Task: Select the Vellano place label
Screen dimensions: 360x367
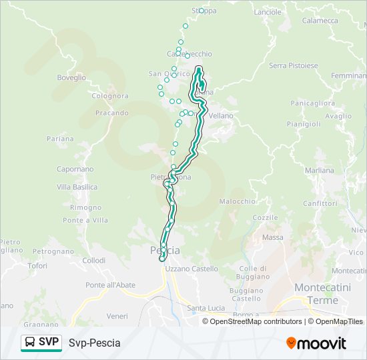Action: click(x=222, y=116)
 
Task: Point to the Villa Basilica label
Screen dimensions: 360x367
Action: click(x=77, y=187)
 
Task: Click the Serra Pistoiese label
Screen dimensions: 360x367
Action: click(x=292, y=65)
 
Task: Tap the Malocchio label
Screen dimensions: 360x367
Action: click(x=238, y=201)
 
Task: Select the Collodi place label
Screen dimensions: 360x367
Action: click(x=94, y=261)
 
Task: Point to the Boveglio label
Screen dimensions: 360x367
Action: click(x=71, y=78)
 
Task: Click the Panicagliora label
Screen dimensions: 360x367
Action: click(x=312, y=103)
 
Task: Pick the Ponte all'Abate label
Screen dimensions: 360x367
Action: click(x=111, y=285)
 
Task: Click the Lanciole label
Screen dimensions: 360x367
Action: click(x=268, y=12)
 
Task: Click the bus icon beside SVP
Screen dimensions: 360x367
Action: click(x=30, y=342)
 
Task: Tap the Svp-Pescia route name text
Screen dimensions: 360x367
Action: click(x=95, y=343)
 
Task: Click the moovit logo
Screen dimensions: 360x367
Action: click(x=316, y=343)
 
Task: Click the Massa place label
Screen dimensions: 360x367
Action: click(x=273, y=237)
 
